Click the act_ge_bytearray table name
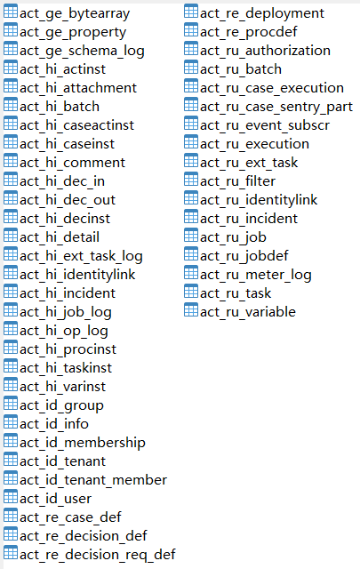pyautogui.click(x=75, y=14)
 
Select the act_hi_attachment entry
pyautogui.click(x=78, y=88)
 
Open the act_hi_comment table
pyautogui.click(x=72, y=163)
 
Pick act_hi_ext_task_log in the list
pyautogui.click(x=81, y=257)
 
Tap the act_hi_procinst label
pyautogui.click(x=68, y=349)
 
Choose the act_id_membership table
pyautogui.click(x=83, y=443)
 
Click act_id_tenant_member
pyautogui.click(x=93, y=480)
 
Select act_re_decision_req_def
pyautogui.click(x=98, y=555)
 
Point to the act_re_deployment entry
pyautogui.click(x=262, y=14)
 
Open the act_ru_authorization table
pyautogui.click(x=265, y=51)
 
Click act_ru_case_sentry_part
pyautogui.click(x=276, y=107)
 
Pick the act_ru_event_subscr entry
pyautogui.click(x=265, y=125)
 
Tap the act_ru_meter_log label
pyautogui.click(x=256, y=276)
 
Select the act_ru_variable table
pyautogui.click(x=248, y=312)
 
